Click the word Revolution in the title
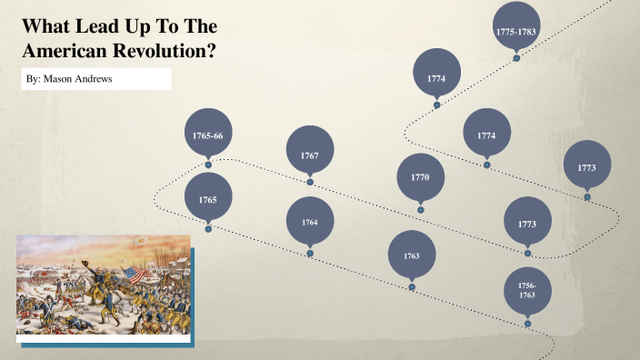point(165,51)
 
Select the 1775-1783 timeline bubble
point(516,31)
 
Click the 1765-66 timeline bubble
point(207,135)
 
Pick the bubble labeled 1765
point(207,198)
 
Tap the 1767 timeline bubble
point(310,155)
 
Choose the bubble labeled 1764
point(310,222)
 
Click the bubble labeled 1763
point(412,255)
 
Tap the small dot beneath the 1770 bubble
point(421,210)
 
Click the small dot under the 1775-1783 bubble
point(516,58)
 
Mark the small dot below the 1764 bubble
point(310,254)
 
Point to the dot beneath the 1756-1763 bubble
point(527,324)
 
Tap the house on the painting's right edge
point(181,260)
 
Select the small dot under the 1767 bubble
point(310,182)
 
